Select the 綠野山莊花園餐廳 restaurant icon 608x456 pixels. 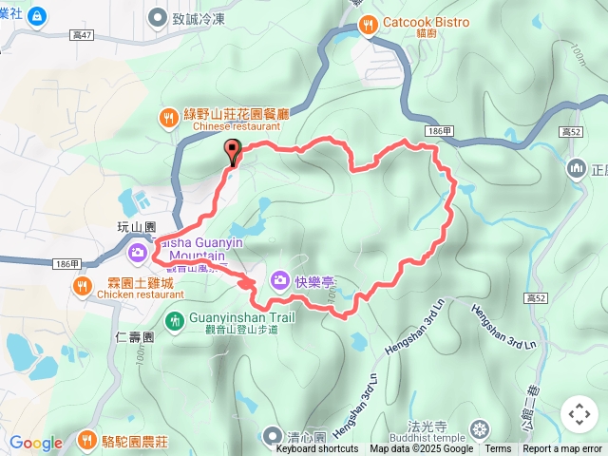(167, 117)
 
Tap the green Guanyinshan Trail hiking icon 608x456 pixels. (174, 320)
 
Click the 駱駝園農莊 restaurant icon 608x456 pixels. (86, 440)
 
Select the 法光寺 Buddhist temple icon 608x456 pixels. (479, 428)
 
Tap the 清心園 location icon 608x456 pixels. (274, 436)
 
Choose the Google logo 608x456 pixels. (35, 443)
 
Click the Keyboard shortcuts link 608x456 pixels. (317, 449)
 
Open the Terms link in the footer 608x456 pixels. (498, 449)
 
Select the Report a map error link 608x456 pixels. (562, 449)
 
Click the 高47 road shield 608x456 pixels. (82, 35)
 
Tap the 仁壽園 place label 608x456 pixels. (134, 336)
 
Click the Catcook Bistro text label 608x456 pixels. (427, 22)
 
